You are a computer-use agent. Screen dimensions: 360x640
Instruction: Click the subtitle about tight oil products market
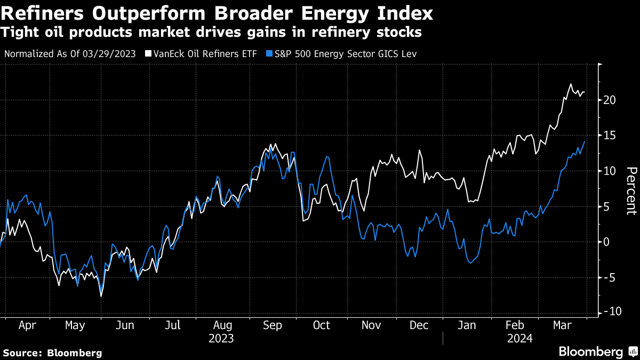coord(211,33)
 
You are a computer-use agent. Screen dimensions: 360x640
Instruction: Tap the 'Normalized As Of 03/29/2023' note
coord(69,54)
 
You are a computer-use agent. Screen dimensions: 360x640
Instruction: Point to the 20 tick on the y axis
coord(611,100)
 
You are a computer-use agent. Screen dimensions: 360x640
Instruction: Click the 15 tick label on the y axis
coord(611,135)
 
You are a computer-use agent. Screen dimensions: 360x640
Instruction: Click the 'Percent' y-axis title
coord(631,190)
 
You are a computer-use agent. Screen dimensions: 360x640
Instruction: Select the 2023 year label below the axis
coord(221,338)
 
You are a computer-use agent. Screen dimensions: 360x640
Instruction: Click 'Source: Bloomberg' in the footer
coord(52,353)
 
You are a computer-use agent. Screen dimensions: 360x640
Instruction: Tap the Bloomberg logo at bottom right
coord(597,351)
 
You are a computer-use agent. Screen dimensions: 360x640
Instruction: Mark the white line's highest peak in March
coord(571,84)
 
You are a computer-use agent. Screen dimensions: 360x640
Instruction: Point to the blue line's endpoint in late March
coord(585,141)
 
